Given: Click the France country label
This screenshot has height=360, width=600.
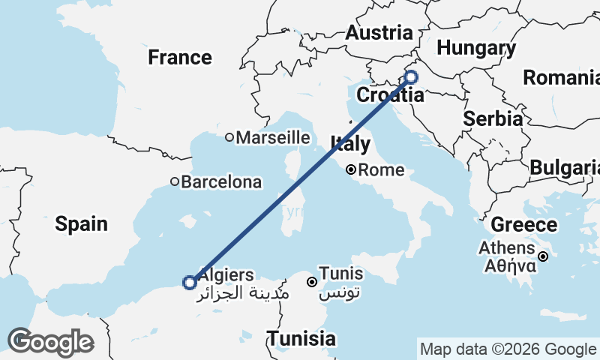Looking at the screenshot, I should pyautogui.click(x=180, y=57).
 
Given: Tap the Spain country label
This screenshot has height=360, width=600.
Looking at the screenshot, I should pyautogui.click(x=81, y=223).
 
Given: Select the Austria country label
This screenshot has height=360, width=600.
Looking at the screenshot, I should pyautogui.click(x=379, y=33).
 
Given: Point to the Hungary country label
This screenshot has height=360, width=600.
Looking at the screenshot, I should pyautogui.click(x=476, y=49).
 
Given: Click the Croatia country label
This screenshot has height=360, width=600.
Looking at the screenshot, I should pyautogui.click(x=390, y=95).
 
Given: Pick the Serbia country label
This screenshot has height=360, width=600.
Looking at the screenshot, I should pyautogui.click(x=493, y=118).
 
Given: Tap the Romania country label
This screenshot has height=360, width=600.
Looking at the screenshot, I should pyautogui.click(x=561, y=77).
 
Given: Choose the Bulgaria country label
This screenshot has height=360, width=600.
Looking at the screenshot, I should pyautogui.click(x=564, y=168).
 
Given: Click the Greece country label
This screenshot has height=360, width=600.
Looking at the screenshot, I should pyautogui.click(x=524, y=225).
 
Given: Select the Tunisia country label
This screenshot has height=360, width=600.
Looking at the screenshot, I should pyautogui.click(x=302, y=338).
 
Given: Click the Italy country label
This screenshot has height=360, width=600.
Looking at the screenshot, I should pyautogui.click(x=351, y=143).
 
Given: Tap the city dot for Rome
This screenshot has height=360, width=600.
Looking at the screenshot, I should pyautogui.click(x=351, y=170).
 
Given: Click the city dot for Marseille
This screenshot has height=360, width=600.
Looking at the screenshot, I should pyautogui.click(x=229, y=137).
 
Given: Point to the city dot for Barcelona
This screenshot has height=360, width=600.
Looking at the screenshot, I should pyautogui.click(x=175, y=181).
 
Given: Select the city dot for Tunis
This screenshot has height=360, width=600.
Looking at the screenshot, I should pyautogui.click(x=312, y=282).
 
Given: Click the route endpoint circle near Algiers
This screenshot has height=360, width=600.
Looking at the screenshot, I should pyautogui.click(x=190, y=283).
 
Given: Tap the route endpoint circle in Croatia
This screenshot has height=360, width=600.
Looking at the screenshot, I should pyautogui.click(x=411, y=76).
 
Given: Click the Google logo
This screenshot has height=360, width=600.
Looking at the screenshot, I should pyautogui.click(x=50, y=342).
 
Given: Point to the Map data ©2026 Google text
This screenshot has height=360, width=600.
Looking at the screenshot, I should pyautogui.click(x=507, y=349).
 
